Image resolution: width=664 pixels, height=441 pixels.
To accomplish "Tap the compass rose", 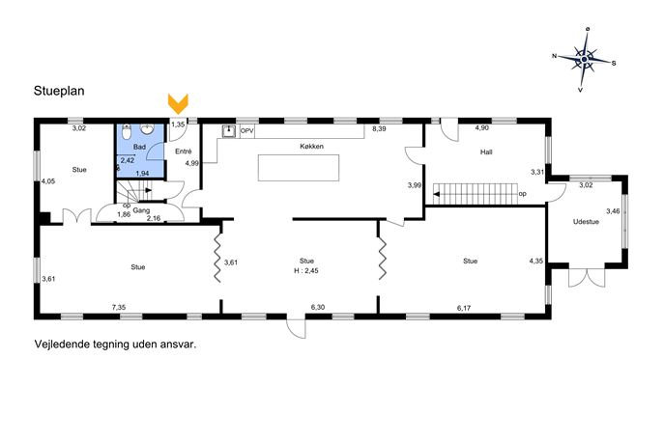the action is point(584,59).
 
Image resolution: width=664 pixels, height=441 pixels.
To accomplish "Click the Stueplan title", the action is point(59,91).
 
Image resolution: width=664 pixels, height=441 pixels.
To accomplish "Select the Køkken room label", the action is point(311,147).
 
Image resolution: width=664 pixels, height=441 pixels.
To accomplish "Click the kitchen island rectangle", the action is point(299,168).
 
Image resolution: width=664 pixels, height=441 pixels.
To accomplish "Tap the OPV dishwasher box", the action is point(246,131).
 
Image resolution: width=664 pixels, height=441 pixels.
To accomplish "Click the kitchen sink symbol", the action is point(229,131).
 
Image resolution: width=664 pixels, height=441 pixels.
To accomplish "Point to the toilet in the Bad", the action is point(127,132).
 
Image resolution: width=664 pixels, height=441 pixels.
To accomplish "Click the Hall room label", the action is point(486,152).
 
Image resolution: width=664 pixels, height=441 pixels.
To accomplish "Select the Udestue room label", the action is point(586,222).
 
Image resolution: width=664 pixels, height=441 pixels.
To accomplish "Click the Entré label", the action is point(183,151).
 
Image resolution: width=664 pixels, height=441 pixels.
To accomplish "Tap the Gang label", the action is point(141,210).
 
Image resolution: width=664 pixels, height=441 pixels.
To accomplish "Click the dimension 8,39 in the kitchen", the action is point(379,129).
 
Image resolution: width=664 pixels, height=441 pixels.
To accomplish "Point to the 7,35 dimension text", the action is point(119,308).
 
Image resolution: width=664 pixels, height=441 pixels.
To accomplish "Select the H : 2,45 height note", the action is point(306,270).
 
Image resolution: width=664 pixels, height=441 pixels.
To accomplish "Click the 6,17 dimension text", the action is point(464,308).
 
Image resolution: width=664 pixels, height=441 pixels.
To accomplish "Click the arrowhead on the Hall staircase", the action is point(436,195).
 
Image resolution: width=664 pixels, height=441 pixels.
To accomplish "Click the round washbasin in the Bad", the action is point(147,130).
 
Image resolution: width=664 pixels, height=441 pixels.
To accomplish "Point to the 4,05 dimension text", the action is point(48,181).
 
